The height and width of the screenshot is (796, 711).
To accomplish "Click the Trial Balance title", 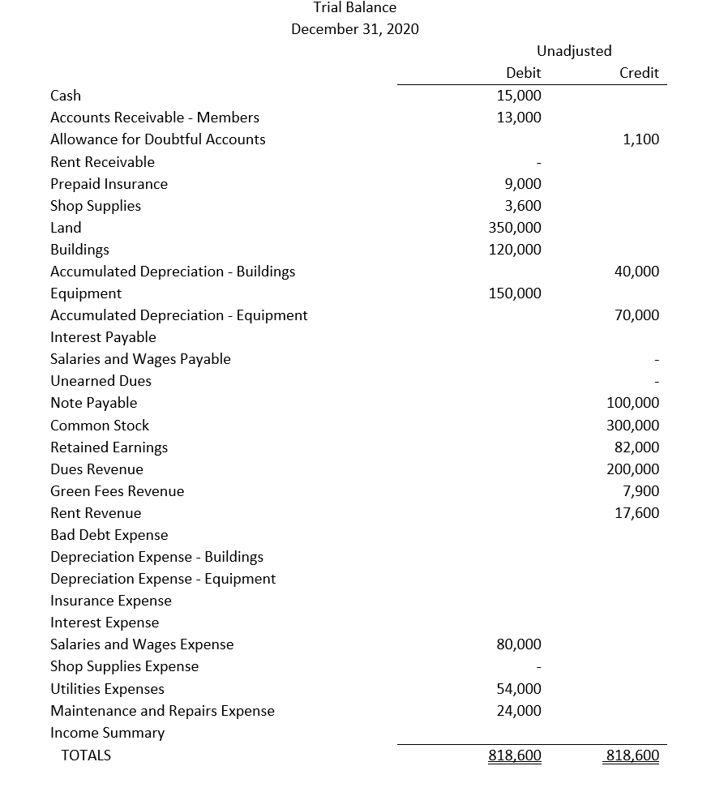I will click(x=355, y=8).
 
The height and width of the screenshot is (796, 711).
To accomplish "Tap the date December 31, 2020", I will click(x=355, y=30).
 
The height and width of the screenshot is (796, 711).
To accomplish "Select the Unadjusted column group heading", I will click(x=574, y=51).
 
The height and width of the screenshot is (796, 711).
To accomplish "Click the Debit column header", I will click(x=524, y=73).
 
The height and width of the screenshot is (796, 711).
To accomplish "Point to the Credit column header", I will click(x=639, y=73).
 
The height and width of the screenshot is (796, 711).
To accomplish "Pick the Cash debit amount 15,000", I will click(x=519, y=96).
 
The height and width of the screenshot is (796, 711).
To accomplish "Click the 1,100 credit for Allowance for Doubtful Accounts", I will click(x=641, y=139).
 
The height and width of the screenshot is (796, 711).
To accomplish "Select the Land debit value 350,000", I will click(x=516, y=228).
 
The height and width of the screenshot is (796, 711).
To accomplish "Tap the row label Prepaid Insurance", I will click(x=109, y=184).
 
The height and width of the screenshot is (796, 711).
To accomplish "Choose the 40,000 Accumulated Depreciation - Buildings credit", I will click(x=636, y=272).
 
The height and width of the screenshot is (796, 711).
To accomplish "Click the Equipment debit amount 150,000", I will click(x=516, y=293).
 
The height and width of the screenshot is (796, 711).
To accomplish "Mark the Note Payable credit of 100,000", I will click(x=633, y=403).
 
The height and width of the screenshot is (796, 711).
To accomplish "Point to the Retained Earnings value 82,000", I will click(x=636, y=447).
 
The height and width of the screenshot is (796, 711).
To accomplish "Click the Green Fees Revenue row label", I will click(x=117, y=491).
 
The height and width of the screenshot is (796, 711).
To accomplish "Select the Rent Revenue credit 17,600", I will click(x=636, y=513).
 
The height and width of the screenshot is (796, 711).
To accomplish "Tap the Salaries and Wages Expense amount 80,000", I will click(x=519, y=644).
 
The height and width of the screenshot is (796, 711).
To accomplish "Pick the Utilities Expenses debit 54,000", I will click(x=519, y=689).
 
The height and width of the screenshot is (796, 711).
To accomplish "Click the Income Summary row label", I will click(x=107, y=733).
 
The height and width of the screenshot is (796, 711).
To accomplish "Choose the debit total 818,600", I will click(x=515, y=755).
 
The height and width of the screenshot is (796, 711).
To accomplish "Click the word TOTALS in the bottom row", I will click(x=86, y=755).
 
